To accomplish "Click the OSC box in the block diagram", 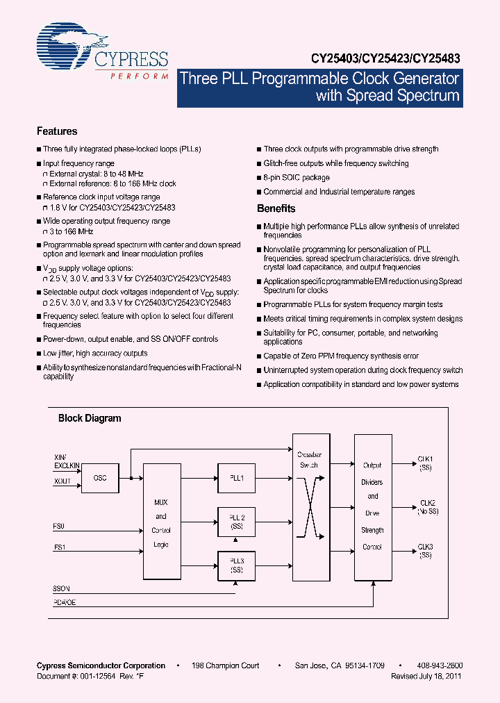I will tap(100, 478).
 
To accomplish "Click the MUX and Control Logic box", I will tap(160, 522).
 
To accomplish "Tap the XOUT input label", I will tap(62, 481).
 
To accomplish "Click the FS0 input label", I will tap(60, 526).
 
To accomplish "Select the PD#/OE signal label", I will tap(65, 602).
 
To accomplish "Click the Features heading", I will tap(56, 131).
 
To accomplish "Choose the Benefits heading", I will tap(276, 208).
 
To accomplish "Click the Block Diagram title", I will tap(89, 418).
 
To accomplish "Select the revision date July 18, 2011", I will tap(442, 675).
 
